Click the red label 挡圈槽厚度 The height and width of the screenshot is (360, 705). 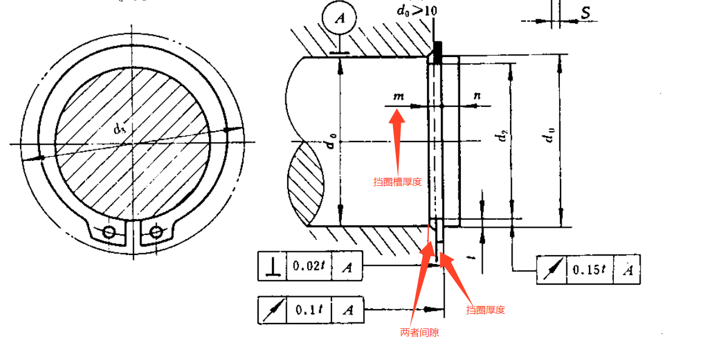point(397,182)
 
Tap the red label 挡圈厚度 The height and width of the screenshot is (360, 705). point(485,310)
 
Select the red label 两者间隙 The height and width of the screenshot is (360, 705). point(419,333)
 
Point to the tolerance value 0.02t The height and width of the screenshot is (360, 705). point(308,266)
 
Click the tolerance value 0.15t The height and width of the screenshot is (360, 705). point(589,270)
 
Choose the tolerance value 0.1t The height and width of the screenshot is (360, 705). point(308,310)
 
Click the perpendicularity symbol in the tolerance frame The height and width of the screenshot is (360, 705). point(272,266)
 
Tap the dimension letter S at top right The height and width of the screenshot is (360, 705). point(585,13)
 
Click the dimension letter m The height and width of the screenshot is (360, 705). point(398,96)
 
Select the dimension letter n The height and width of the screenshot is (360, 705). point(477,95)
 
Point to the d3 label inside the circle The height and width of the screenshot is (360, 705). point(119,128)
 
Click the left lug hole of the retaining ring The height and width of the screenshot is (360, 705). point(109,232)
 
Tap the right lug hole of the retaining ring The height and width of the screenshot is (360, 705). point(155,232)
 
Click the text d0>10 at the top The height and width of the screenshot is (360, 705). point(416,10)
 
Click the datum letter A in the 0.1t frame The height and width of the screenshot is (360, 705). point(347,310)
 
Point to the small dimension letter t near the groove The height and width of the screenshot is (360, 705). point(472,257)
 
